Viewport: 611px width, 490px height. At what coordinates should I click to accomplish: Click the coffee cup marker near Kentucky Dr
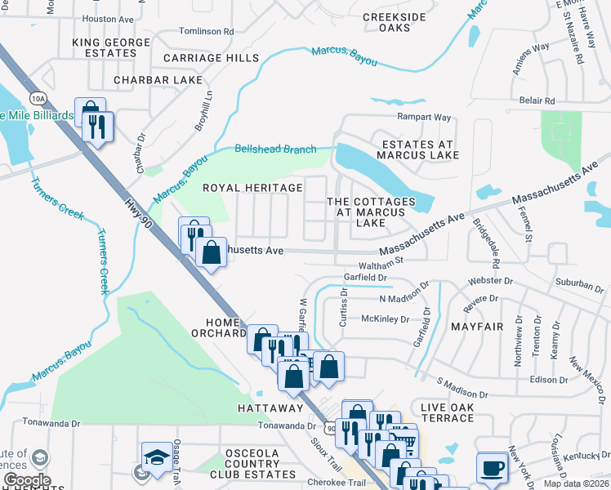point(492,467)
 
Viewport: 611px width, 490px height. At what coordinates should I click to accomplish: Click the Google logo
point(26,480)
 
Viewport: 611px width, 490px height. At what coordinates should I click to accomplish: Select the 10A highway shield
point(38,98)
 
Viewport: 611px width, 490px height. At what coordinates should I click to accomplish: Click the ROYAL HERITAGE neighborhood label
point(252,188)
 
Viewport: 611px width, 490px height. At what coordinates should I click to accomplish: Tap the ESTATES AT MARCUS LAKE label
point(417,149)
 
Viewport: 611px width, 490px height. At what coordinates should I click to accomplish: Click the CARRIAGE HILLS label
point(211,58)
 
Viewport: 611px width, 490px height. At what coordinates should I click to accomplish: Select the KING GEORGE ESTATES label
point(111,47)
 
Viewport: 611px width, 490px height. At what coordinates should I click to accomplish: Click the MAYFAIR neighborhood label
point(476,327)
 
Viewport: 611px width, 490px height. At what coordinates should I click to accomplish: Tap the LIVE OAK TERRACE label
point(447,412)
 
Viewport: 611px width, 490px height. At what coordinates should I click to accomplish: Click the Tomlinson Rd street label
point(207,31)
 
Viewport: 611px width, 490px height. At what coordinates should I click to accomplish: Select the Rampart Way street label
point(424,117)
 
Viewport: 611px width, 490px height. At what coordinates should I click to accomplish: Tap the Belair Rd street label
point(537,100)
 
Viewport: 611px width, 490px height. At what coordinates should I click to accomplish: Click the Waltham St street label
point(385,261)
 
